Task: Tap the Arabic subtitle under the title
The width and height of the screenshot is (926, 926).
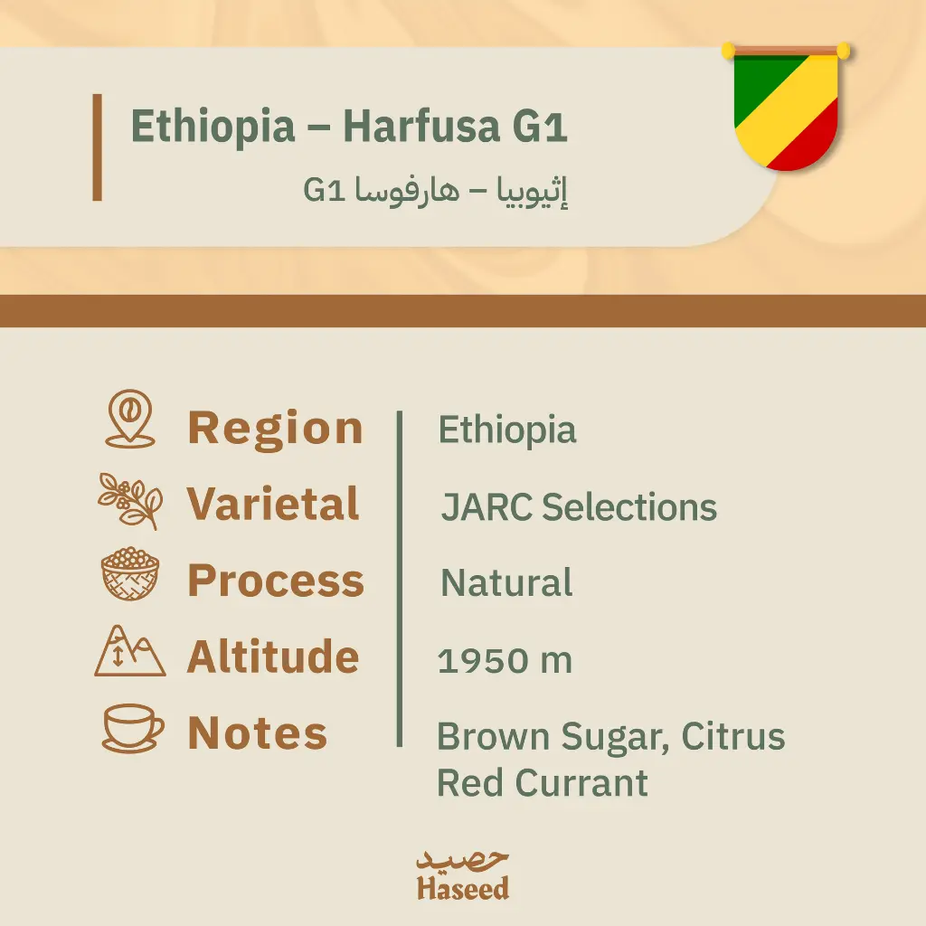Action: tap(435, 192)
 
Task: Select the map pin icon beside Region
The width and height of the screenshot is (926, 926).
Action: tap(130, 420)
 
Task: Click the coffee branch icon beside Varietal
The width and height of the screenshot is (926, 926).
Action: tap(130, 500)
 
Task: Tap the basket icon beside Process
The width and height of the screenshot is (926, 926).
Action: tap(130, 575)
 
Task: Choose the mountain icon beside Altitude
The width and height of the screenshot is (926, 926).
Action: tap(130, 651)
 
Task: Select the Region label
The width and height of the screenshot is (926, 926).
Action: tap(275, 429)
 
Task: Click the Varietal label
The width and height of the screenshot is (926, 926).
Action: tap(273, 505)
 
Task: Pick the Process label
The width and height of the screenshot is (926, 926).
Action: tap(276, 581)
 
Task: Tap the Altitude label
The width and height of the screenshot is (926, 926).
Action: tap(273, 657)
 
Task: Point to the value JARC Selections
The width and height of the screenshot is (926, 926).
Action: tap(579, 508)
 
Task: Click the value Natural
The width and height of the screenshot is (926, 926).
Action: tap(506, 583)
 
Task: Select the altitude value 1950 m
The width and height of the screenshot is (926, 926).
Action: tap(505, 661)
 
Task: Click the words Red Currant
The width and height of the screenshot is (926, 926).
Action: tap(543, 783)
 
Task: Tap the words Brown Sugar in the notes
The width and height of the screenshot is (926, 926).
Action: tap(551, 737)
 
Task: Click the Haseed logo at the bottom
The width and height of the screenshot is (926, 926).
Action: tap(463, 875)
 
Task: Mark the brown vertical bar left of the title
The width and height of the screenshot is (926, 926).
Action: tap(97, 146)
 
